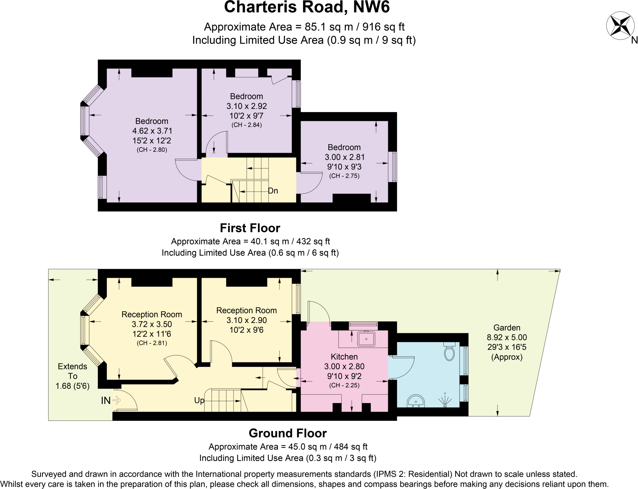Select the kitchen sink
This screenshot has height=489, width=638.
click(x=366, y=339)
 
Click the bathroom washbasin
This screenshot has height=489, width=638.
click(x=416, y=401)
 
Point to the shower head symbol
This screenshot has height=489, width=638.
click(x=445, y=401)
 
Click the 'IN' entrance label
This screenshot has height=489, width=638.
click(x=106, y=401)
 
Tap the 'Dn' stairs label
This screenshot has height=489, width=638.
click(x=273, y=191)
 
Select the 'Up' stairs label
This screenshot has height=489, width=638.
click(x=199, y=401)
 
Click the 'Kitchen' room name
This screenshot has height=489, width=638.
click(x=344, y=357)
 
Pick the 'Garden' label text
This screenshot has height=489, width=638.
click(x=507, y=328)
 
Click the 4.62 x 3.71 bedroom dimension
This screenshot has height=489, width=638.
click(x=152, y=131)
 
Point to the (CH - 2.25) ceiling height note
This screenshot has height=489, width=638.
click(x=344, y=385)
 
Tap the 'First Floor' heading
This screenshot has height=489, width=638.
click(x=250, y=228)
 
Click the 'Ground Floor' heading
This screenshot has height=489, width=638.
click(x=288, y=433)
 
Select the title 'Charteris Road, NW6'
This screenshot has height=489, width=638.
click(x=307, y=7)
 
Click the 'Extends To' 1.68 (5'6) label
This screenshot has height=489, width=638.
click(x=73, y=376)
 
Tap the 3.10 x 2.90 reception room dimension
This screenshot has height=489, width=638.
click(x=247, y=320)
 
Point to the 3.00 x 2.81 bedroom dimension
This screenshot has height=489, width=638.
click(x=344, y=157)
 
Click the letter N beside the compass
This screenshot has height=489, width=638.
click(x=634, y=40)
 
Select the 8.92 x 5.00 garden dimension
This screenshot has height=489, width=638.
click(x=507, y=337)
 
